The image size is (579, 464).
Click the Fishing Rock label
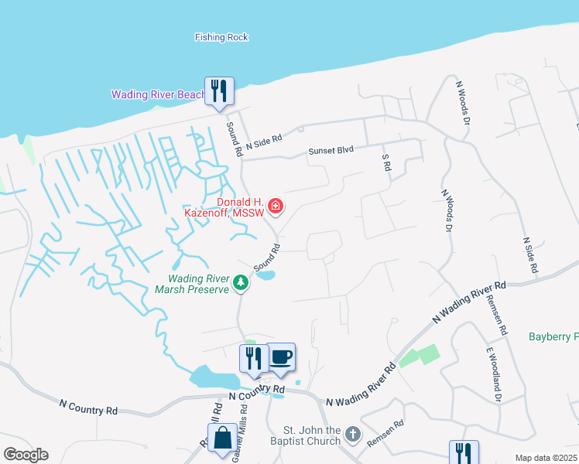[x=221, y=36]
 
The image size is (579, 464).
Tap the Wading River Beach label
[x=158, y=95]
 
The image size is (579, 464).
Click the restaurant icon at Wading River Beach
[x=218, y=90]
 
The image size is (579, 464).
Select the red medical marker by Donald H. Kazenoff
[x=276, y=206]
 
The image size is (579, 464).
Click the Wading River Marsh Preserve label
[x=200, y=284]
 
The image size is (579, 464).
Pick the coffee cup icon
[x=281, y=357]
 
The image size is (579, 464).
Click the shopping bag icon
[x=222, y=437]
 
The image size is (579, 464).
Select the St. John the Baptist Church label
[x=312, y=435]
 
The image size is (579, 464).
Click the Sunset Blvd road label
[x=331, y=151]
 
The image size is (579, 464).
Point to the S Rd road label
[x=385, y=162]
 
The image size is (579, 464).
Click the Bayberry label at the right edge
[x=553, y=336]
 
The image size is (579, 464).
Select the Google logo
[x=26, y=455]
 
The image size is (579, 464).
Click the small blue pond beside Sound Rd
[x=265, y=275]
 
